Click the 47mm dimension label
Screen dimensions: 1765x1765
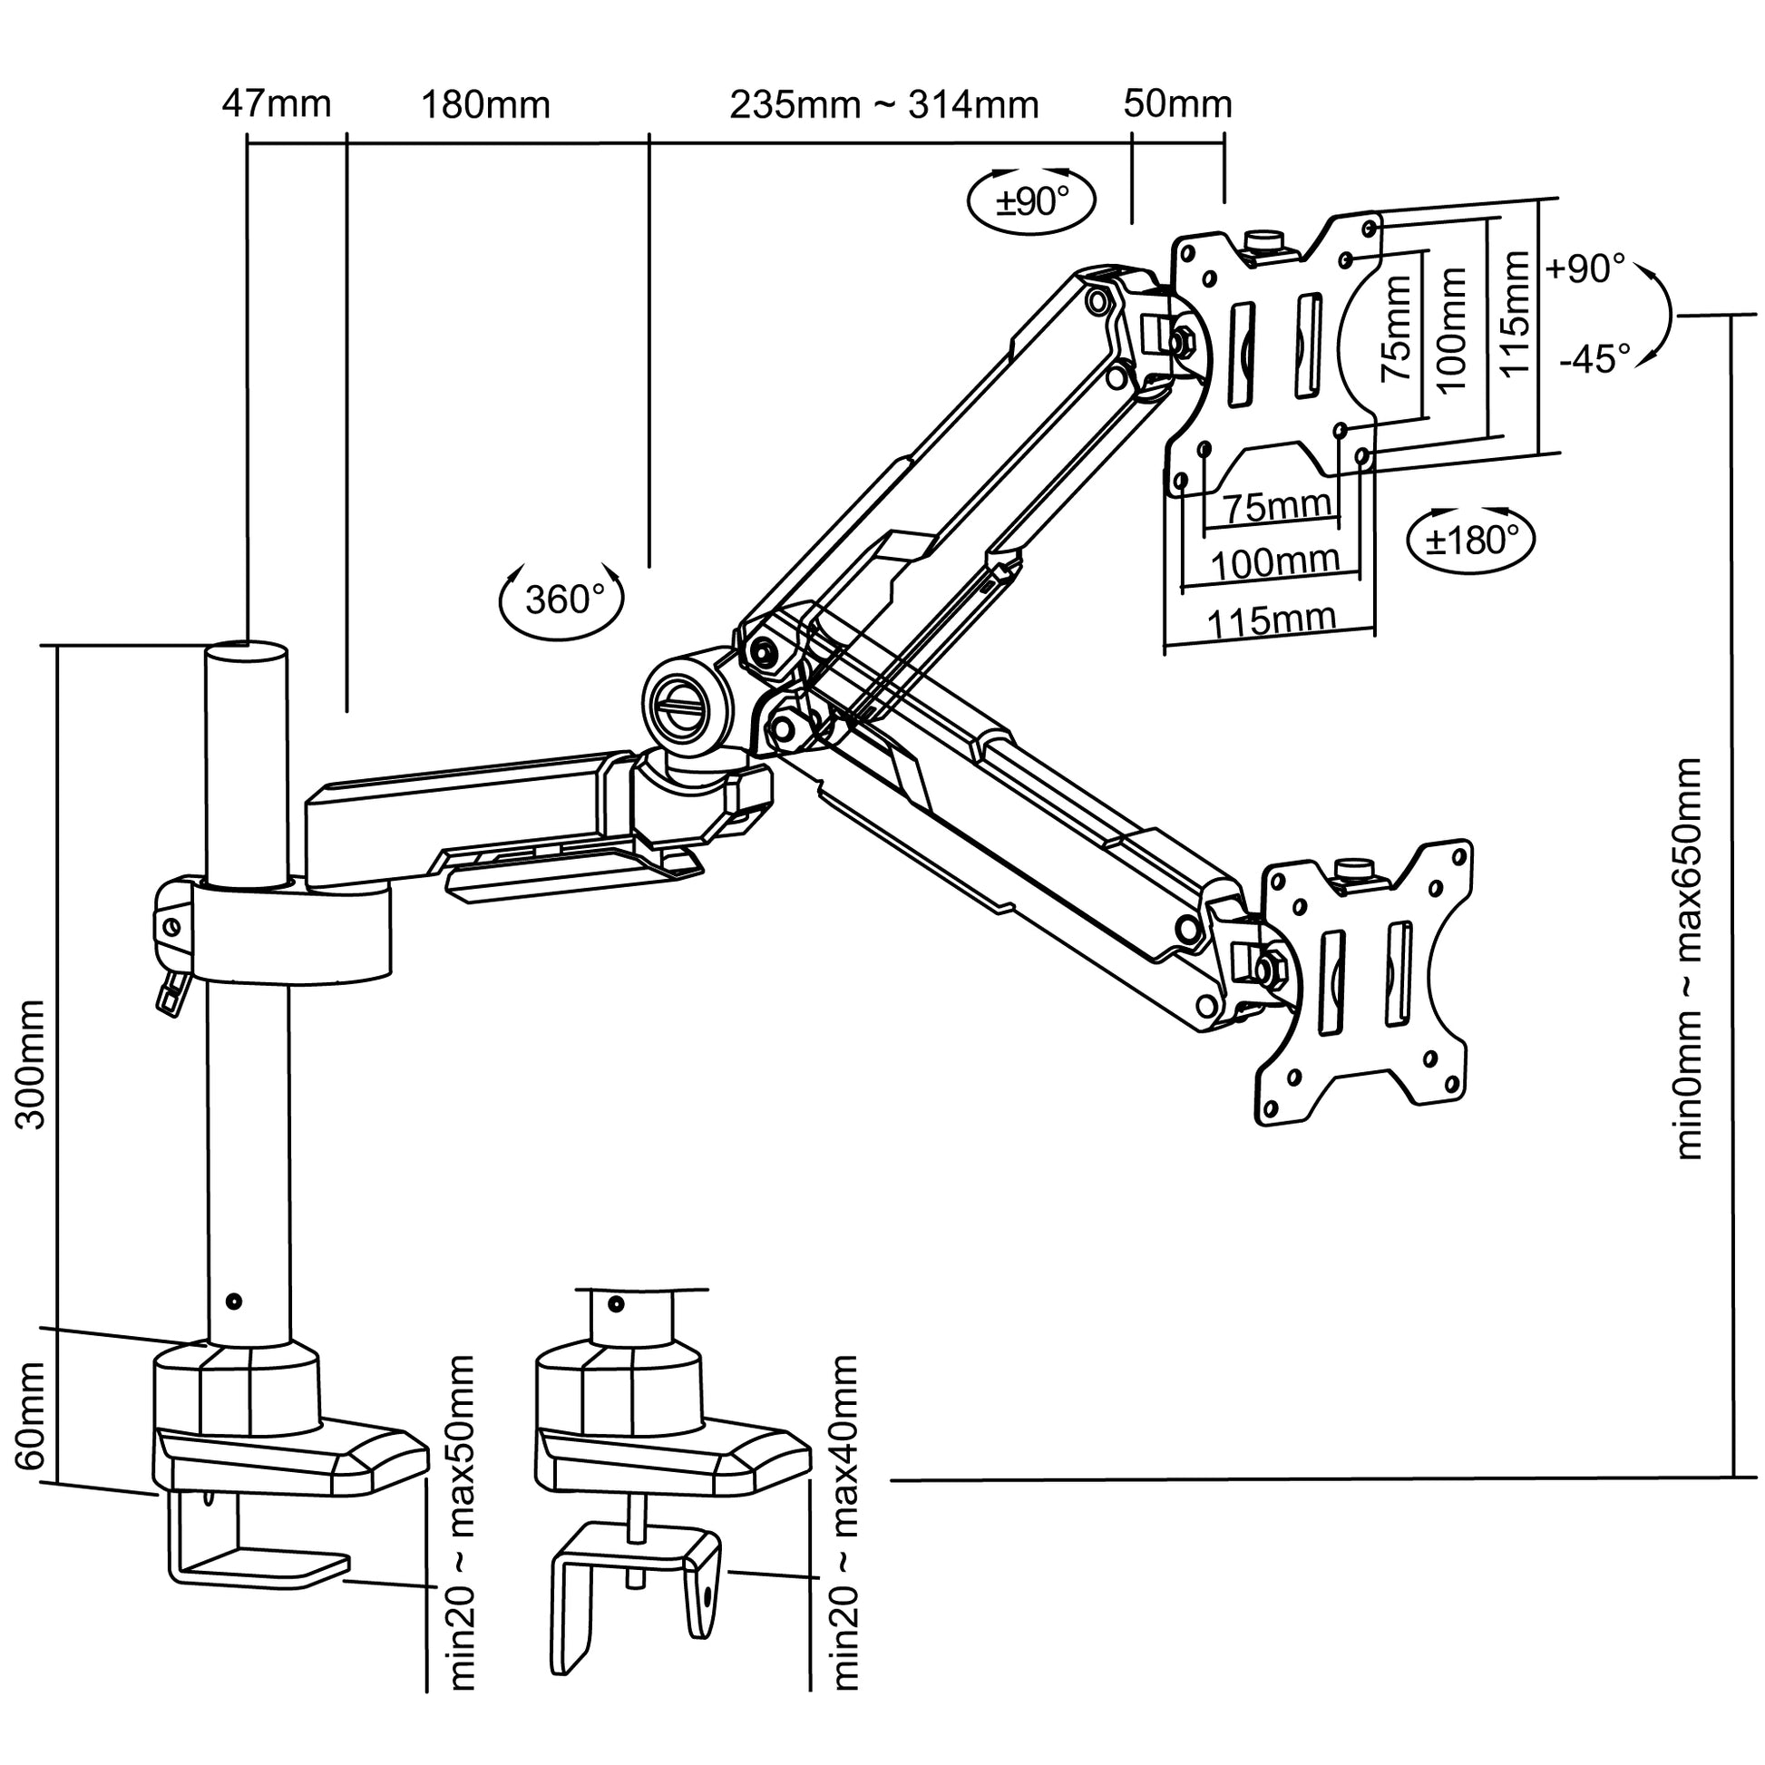coord(276,104)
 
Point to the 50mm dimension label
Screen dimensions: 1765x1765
coord(1177,104)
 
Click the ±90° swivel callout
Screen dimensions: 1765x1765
coord(1031,201)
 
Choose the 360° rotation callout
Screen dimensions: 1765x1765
coord(562,600)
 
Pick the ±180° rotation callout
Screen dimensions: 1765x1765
coord(1471,541)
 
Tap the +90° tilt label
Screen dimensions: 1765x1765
coord(1585,268)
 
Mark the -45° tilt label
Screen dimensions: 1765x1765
coord(1594,359)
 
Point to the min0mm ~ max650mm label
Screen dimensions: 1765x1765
coord(1688,960)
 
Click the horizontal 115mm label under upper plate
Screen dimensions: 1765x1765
coord(1272,621)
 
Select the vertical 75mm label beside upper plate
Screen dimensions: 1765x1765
coord(1396,329)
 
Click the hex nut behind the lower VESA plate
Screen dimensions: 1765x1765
coord(1268,969)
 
